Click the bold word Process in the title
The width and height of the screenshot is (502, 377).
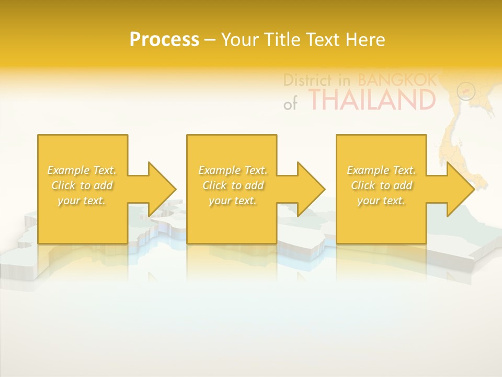tap(164, 40)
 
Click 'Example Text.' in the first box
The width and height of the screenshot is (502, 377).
tap(82, 170)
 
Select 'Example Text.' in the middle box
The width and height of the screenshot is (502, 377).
tap(233, 170)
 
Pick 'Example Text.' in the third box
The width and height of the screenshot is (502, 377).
tap(381, 170)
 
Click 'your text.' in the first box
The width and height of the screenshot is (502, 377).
tap(82, 201)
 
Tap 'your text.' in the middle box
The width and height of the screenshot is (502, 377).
tap(233, 201)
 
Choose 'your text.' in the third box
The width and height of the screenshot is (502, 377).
tap(381, 201)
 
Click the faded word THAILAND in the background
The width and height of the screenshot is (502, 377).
tap(372, 100)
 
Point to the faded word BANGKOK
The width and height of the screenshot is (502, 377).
tap(397, 80)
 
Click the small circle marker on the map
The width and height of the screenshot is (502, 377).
tap(466, 91)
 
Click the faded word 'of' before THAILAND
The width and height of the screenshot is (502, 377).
tap(290, 104)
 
